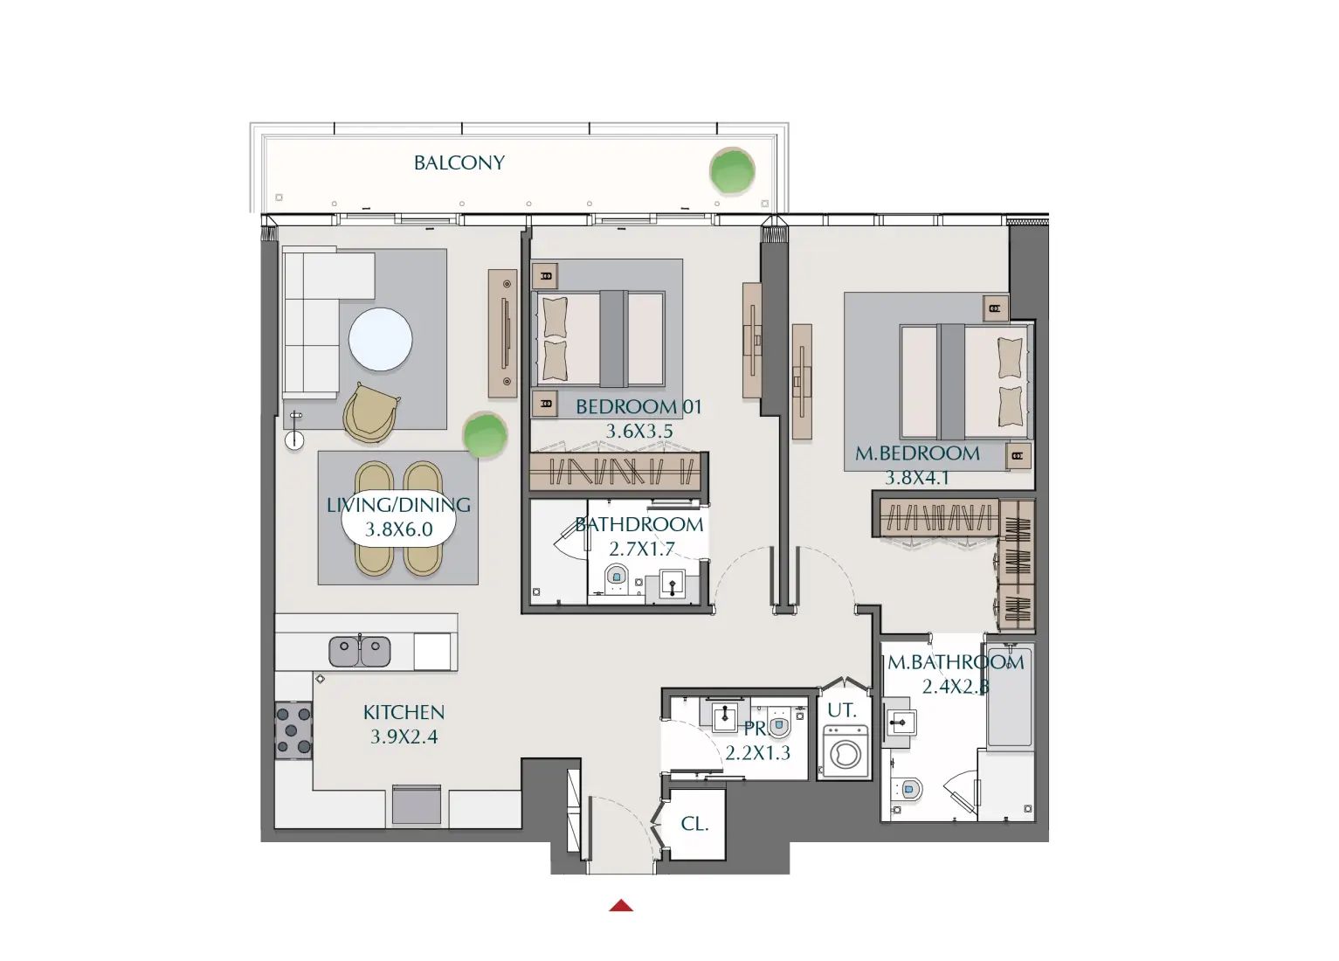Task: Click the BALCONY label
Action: tap(459, 163)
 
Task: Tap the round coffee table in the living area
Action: tap(380, 340)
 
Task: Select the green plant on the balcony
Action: tap(731, 170)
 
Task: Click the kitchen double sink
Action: tap(359, 651)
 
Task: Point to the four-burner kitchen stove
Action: tap(293, 730)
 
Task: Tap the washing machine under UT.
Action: tap(845, 752)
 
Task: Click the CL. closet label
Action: tap(694, 824)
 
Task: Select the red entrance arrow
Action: tap(621, 906)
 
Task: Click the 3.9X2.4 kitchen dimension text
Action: tap(404, 737)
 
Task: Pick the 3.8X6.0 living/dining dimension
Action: tap(398, 529)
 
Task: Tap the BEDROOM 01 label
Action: tap(638, 407)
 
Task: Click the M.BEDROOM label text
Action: tap(917, 454)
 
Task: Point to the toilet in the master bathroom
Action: tap(909, 790)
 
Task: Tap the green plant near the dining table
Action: tap(484, 434)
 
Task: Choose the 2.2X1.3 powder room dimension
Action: tap(757, 753)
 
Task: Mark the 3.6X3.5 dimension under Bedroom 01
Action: tap(639, 432)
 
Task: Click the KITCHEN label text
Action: tap(404, 713)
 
